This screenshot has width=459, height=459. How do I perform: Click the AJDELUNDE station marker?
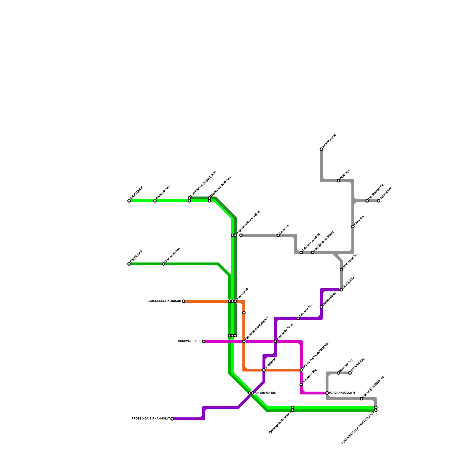pos(129,201)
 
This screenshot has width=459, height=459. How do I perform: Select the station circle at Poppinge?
pos(339,181)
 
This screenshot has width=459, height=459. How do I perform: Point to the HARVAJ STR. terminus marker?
pos(321,149)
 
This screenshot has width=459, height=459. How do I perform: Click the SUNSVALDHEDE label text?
pos(190,341)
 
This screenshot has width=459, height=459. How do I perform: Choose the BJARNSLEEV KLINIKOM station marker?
pos(184,301)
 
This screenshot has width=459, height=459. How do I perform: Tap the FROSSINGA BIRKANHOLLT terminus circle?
pos(172,419)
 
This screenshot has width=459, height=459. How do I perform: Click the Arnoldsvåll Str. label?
pos(265,393)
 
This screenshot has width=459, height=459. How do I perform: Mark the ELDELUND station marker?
pos(341,290)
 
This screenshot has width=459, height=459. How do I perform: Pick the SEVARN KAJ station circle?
pos(350,373)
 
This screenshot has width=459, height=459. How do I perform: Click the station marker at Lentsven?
pos(278,235)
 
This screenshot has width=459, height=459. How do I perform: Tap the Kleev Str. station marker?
pos(353,227)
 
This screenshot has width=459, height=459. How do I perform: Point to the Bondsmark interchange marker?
pos(264,370)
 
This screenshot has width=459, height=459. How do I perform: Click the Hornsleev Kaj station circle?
pos(301,384)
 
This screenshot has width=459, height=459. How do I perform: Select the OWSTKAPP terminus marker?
pos(379,201)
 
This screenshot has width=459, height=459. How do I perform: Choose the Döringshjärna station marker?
pos(155,201)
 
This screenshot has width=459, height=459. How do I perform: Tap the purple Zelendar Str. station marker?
pos(298,318)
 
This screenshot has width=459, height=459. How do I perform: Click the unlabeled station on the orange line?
pos(244,313)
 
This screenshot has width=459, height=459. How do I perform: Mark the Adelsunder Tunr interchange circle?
pos(275,341)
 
